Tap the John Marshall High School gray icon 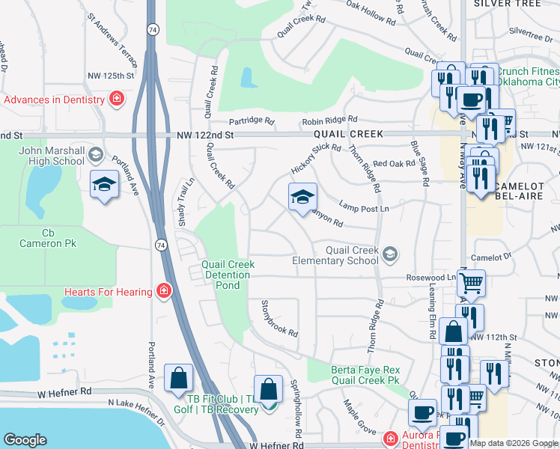coord(95,156)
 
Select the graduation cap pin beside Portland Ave coord(104,184)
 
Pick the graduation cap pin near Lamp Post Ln coord(302,198)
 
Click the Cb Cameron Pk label coord(49,238)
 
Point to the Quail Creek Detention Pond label coord(228,275)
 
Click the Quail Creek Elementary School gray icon coord(389,255)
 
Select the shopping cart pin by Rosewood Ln coord(472,284)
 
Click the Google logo coord(25,440)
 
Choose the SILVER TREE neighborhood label coord(508,4)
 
